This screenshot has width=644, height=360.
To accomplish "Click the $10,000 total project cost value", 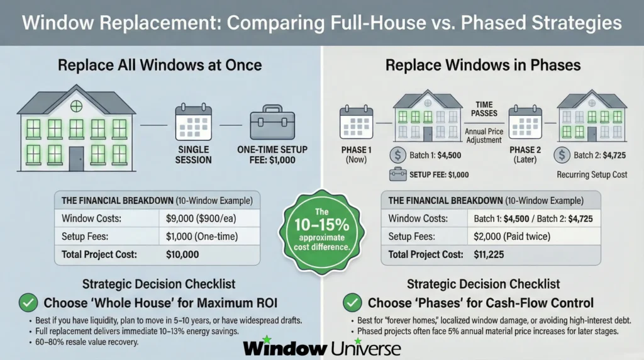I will click(183, 256).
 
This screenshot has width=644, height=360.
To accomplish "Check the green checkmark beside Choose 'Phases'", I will click(351, 302).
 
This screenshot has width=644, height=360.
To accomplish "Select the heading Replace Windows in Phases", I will click(482, 65).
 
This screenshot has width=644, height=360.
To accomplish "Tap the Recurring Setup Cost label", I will click(591, 174).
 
